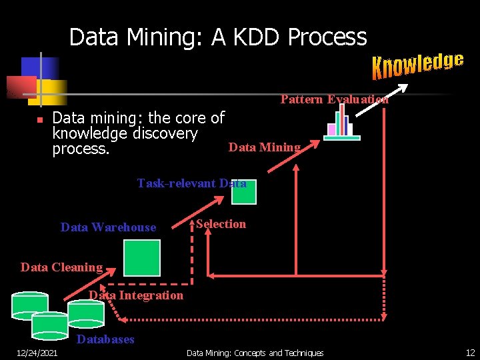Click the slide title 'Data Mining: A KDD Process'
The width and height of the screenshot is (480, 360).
pyautogui.click(x=218, y=37)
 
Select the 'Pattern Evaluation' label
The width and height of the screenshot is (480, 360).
pyautogui.click(x=334, y=99)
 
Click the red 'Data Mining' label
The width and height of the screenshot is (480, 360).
pyautogui.click(x=265, y=147)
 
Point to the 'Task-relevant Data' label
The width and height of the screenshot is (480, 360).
pyautogui.click(x=191, y=183)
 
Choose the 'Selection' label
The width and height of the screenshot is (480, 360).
pyautogui.click(x=221, y=224)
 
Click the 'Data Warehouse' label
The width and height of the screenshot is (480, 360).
pyautogui.click(x=108, y=227)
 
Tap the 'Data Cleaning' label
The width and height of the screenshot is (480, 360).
pyautogui.click(x=61, y=267)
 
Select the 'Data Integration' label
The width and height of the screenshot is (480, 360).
pyautogui.click(x=136, y=295)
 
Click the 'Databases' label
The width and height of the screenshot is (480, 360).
pyautogui.click(x=105, y=339)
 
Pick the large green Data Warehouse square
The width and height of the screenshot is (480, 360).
pyautogui.click(x=142, y=257)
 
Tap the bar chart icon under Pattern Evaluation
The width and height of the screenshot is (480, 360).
pyautogui.click(x=341, y=123)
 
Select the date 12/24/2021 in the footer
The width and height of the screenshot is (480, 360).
pyautogui.click(x=37, y=353)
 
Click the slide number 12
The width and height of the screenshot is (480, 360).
pyautogui.click(x=470, y=353)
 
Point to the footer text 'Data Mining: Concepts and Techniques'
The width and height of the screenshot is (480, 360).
pyautogui.click(x=255, y=353)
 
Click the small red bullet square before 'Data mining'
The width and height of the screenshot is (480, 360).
pyautogui.click(x=39, y=120)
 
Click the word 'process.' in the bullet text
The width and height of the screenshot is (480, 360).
pyautogui.click(x=81, y=149)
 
